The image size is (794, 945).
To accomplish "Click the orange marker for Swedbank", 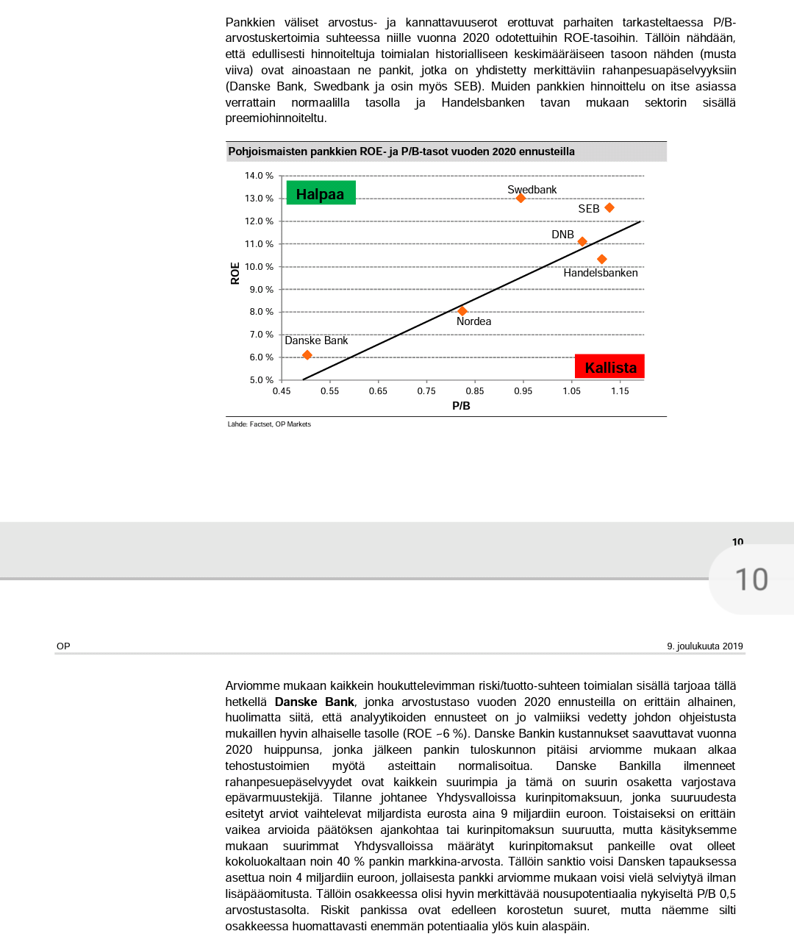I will pyautogui.click(x=521, y=198).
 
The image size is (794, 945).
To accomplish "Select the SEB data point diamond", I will pyautogui.click(x=609, y=208).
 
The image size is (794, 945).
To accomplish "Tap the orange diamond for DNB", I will pyautogui.click(x=582, y=241).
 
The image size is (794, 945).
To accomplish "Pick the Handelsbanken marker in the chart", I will pyautogui.click(x=601, y=259).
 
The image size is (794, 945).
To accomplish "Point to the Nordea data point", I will pyautogui.click(x=462, y=311).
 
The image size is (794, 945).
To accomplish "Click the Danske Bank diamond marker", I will pyautogui.click(x=307, y=355).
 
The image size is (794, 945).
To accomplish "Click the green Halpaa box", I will pyautogui.click(x=321, y=193).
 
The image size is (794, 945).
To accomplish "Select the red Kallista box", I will pyautogui.click(x=610, y=367).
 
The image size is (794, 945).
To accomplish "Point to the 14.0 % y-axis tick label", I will pyautogui.click(x=259, y=176).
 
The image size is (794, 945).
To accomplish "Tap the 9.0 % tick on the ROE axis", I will pyautogui.click(x=261, y=290).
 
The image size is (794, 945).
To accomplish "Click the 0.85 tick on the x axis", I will pyautogui.click(x=475, y=391).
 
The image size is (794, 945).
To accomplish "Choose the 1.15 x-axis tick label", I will pyautogui.click(x=620, y=391).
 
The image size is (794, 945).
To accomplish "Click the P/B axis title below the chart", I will pyautogui.click(x=461, y=406).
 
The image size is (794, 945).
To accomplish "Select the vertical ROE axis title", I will pyautogui.click(x=235, y=273).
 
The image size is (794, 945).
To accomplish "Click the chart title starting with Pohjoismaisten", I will pyautogui.click(x=401, y=151).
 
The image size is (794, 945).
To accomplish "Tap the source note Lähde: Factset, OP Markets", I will pyautogui.click(x=269, y=424).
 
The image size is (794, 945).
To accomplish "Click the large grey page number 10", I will pyautogui.click(x=751, y=580).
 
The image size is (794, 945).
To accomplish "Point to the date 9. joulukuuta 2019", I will pyautogui.click(x=704, y=646).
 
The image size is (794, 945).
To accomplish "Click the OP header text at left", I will pyautogui.click(x=63, y=646).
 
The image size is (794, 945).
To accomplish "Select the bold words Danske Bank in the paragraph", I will pyautogui.click(x=315, y=702).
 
